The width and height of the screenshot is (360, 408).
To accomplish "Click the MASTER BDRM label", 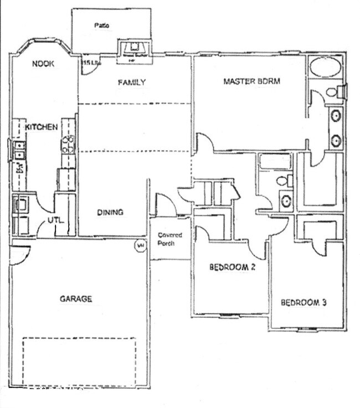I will coord(251,81).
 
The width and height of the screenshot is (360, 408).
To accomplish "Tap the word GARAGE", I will coord(76,299).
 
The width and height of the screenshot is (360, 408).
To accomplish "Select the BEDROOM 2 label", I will coord(232,267).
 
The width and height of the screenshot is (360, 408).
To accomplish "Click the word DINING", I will coord(110,212).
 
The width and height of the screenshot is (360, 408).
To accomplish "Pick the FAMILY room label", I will coord(132,82).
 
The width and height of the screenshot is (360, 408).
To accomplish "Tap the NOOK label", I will coord(43,64).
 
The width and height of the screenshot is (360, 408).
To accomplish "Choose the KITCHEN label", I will coord(41,127).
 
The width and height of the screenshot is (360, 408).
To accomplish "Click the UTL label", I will coord(53,220).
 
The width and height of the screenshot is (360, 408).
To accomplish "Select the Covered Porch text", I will coord(169,239).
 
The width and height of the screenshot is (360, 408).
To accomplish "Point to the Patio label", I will coord(101,25).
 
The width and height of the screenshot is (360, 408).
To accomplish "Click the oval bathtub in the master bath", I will coord(325,68).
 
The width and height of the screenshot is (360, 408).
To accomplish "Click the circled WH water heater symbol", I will coord(140,245).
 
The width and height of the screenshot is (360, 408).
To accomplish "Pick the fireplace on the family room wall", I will coord(133,48).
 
